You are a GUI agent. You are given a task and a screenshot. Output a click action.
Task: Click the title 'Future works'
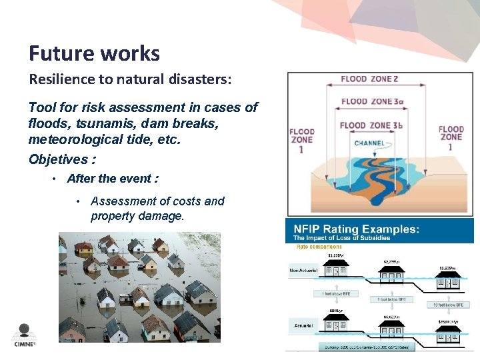(94, 53)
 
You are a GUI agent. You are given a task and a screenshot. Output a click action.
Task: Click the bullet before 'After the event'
(55, 179)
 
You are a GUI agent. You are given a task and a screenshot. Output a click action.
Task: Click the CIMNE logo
(25, 334)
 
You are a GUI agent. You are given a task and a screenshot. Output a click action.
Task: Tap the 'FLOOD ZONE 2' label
(369, 79)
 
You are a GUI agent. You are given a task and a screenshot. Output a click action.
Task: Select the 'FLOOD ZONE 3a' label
(370, 102)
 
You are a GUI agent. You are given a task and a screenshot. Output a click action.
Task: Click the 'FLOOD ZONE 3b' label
(370, 125)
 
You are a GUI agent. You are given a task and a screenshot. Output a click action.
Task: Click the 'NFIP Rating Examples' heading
(357, 229)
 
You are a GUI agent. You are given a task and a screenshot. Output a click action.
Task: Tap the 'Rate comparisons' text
(319, 247)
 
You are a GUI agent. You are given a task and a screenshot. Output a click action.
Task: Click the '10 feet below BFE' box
(447, 304)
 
